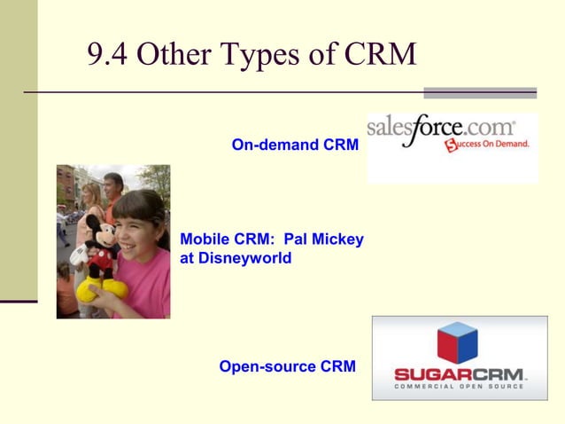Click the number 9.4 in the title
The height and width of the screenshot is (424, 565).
pyautogui.click(x=108, y=55)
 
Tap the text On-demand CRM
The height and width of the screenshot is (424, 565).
pyautogui.click(x=295, y=144)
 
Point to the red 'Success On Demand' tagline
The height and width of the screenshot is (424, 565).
pyautogui.click(x=488, y=144)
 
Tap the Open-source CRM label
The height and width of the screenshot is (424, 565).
pyautogui.click(x=287, y=365)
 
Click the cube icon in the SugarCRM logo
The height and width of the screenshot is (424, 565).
pyautogui.click(x=457, y=342)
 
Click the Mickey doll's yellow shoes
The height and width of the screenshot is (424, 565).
pyautogui.click(x=92, y=288)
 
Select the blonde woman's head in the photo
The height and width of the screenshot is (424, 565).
pyautogui.click(x=91, y=194)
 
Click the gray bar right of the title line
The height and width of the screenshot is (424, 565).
pyautogui.click(x=479, y=92)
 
